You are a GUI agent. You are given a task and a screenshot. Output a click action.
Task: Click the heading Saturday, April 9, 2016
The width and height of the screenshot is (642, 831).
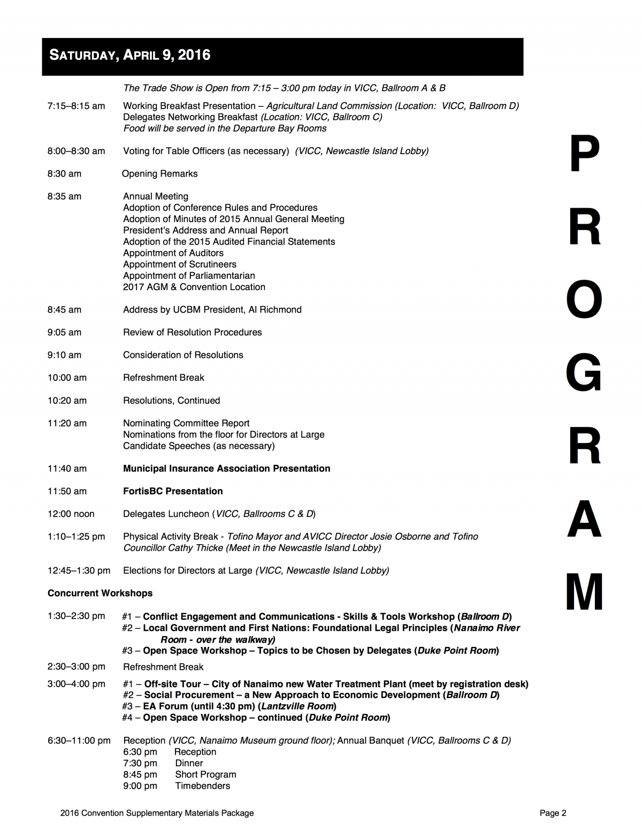click(x=130, y=55)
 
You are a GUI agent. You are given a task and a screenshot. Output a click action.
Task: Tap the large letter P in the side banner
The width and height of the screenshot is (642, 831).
click(x=584, y=154)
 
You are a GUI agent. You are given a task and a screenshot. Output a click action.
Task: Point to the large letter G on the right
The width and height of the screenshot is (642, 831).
click(x=584, y=372)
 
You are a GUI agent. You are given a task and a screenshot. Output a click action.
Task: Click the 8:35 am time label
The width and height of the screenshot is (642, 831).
click(x=64, y=196)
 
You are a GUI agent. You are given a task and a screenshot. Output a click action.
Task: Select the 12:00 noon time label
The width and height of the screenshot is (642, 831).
click(x=71, y=514)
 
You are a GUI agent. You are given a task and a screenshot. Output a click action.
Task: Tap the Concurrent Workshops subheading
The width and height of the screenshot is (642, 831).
click(x=100, y=593)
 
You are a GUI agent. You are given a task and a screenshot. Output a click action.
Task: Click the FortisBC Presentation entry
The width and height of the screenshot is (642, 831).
click(x=173, y=491)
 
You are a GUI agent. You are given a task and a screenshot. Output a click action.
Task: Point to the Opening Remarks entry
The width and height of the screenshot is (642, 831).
click(x=159, y=174)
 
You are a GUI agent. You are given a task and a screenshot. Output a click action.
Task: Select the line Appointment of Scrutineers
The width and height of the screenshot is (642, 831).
click(x=180, y=264)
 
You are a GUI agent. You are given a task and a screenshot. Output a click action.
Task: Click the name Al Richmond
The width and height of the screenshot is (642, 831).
click(x=275, y=310)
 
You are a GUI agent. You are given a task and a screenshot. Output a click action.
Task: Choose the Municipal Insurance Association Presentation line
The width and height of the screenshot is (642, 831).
click(x=226, y=469)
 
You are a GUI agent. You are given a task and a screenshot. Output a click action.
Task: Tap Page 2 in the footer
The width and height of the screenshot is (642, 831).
click(x=553, y=813)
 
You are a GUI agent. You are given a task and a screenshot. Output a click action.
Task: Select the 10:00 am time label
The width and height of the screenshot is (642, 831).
click(x=67, y=378)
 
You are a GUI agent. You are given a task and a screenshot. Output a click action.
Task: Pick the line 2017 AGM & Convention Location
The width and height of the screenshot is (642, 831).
click(x=194, y=287)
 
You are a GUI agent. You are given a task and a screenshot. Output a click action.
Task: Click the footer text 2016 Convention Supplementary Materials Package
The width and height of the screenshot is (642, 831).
click(x=157, y=813)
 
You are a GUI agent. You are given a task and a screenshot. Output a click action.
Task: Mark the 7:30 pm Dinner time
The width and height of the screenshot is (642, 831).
click(x=140, y=764)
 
